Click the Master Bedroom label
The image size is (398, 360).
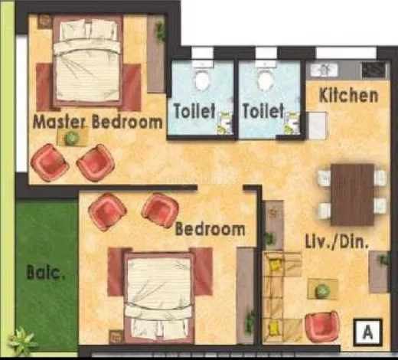98,122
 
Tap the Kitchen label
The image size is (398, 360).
348,96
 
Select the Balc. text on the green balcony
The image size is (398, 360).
46,273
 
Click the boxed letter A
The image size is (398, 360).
367,332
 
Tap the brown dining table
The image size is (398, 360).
352,195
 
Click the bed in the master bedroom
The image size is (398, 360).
87,61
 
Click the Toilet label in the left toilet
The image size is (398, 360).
194,111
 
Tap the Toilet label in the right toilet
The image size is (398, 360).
263,111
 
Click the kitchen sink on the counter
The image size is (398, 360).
324,70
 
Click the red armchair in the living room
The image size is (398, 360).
322,326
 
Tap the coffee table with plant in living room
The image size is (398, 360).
323,289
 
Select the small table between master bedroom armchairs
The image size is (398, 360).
73,137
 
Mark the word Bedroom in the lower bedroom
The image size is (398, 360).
210,229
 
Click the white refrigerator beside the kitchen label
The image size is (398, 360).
317,126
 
